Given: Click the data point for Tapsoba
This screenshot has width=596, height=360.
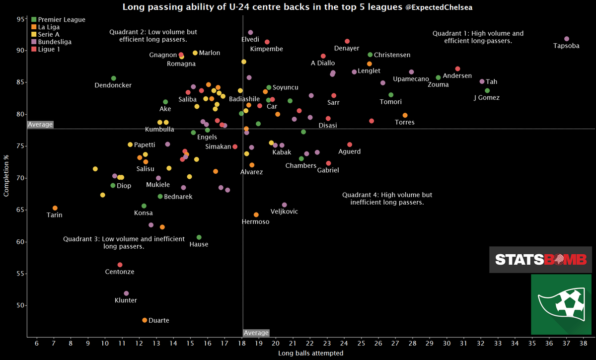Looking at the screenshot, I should click(567, 39).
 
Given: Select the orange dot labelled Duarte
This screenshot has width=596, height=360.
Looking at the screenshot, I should click(145, 320).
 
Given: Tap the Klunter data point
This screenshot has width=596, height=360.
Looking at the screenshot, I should click(126, 293).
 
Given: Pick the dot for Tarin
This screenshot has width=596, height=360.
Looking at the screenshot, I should click(55, 208).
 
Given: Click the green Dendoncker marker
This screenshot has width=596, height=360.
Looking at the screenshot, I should click(113, 78).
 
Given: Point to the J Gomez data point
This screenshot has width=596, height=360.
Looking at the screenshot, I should click(487, 90).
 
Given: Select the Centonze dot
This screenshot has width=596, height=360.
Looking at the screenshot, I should click(120, 265).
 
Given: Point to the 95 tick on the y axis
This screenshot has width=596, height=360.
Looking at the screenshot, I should click(20, 19).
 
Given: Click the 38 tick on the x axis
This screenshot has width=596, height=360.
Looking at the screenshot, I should click(584, 343).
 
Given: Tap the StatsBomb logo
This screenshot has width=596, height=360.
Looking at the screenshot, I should click(540, 259).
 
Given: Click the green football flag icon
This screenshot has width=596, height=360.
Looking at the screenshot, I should click(560, 304).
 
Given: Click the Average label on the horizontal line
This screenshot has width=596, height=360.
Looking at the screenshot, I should click(40, 125).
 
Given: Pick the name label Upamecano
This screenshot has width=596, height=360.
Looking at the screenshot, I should click(411, 79).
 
